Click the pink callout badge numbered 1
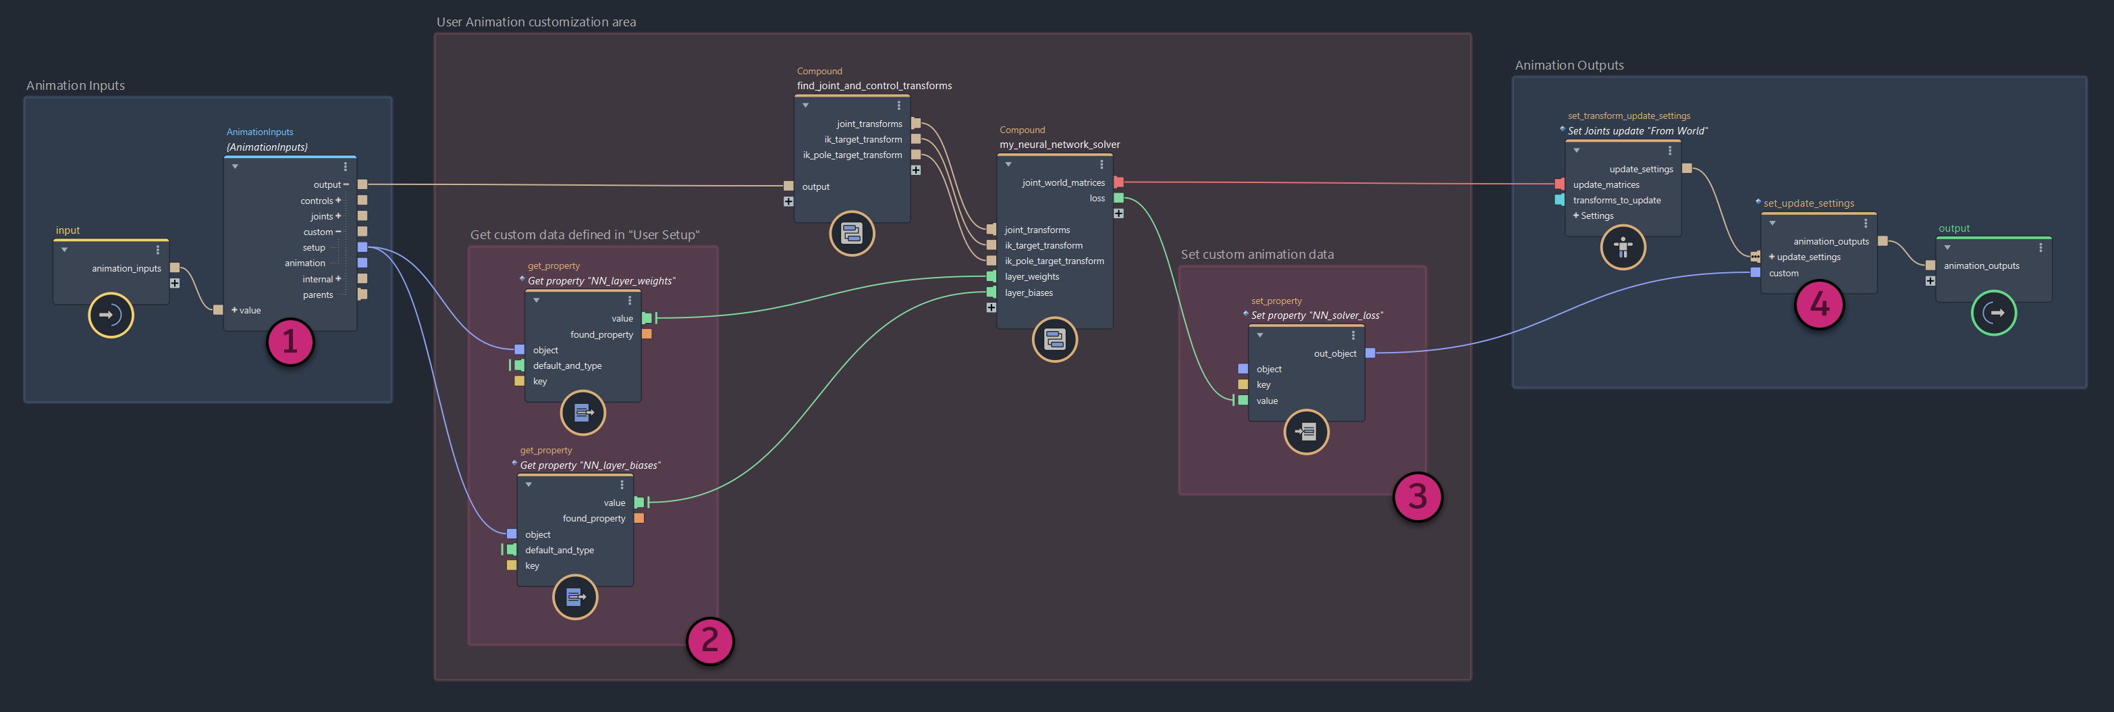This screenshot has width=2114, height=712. pyautogui.click(x=290, y=342)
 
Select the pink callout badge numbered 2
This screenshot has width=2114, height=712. pyautogui.click(x=710, y=640)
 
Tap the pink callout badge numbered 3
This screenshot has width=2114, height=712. pyautogui.click(x=1417, y=496)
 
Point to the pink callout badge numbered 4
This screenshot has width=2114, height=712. pyautogui.click(x=1820, y=304)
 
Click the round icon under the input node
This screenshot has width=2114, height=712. pyautogui.click(x=111, y=315)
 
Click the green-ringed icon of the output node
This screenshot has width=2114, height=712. pyautogui.click(x=1993, y=313)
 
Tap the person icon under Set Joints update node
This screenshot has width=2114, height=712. pyautogui.click(x=1623, y=247)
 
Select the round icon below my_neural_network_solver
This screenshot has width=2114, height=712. pyautogui.click(x=1054, y=339)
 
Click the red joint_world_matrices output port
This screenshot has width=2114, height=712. pyautogui.click(x=1118, y=182)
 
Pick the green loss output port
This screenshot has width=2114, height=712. pyautogui.click(x=1118, y=198)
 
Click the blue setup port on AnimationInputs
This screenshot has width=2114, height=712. pyautogui.click(x=362, y=247)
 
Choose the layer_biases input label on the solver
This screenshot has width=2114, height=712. pyautogui.click(x=1028, y=293)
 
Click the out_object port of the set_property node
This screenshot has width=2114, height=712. pyautogui.click(x=1370, y=353)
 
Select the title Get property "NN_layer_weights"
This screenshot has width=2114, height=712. pyautogui.click(x=601, y=281)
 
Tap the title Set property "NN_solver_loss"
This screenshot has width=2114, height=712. pyautogui.click(x=1316, y=315)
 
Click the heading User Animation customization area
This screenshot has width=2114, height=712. pyautogui.click(x=536, y=22)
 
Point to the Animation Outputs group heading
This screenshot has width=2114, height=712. pyautogui.click(x=1568, y=66)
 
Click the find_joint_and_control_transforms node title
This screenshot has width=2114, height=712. pyautogui.click(x=874, y=85)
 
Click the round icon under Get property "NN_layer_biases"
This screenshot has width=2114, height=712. pyautogui.click(x=575, y=597)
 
